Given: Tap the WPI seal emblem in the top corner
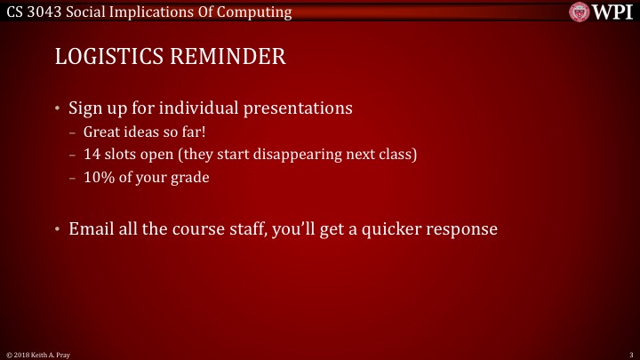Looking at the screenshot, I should click(580, 12).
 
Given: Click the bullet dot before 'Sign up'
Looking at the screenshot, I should click(59, 109).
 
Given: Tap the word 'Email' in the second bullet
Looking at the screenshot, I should click(92, 228).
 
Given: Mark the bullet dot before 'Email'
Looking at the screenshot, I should click(59, 229).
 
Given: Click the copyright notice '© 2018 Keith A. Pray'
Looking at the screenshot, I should click(38, 355).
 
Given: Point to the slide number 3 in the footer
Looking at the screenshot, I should click(629, 355).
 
